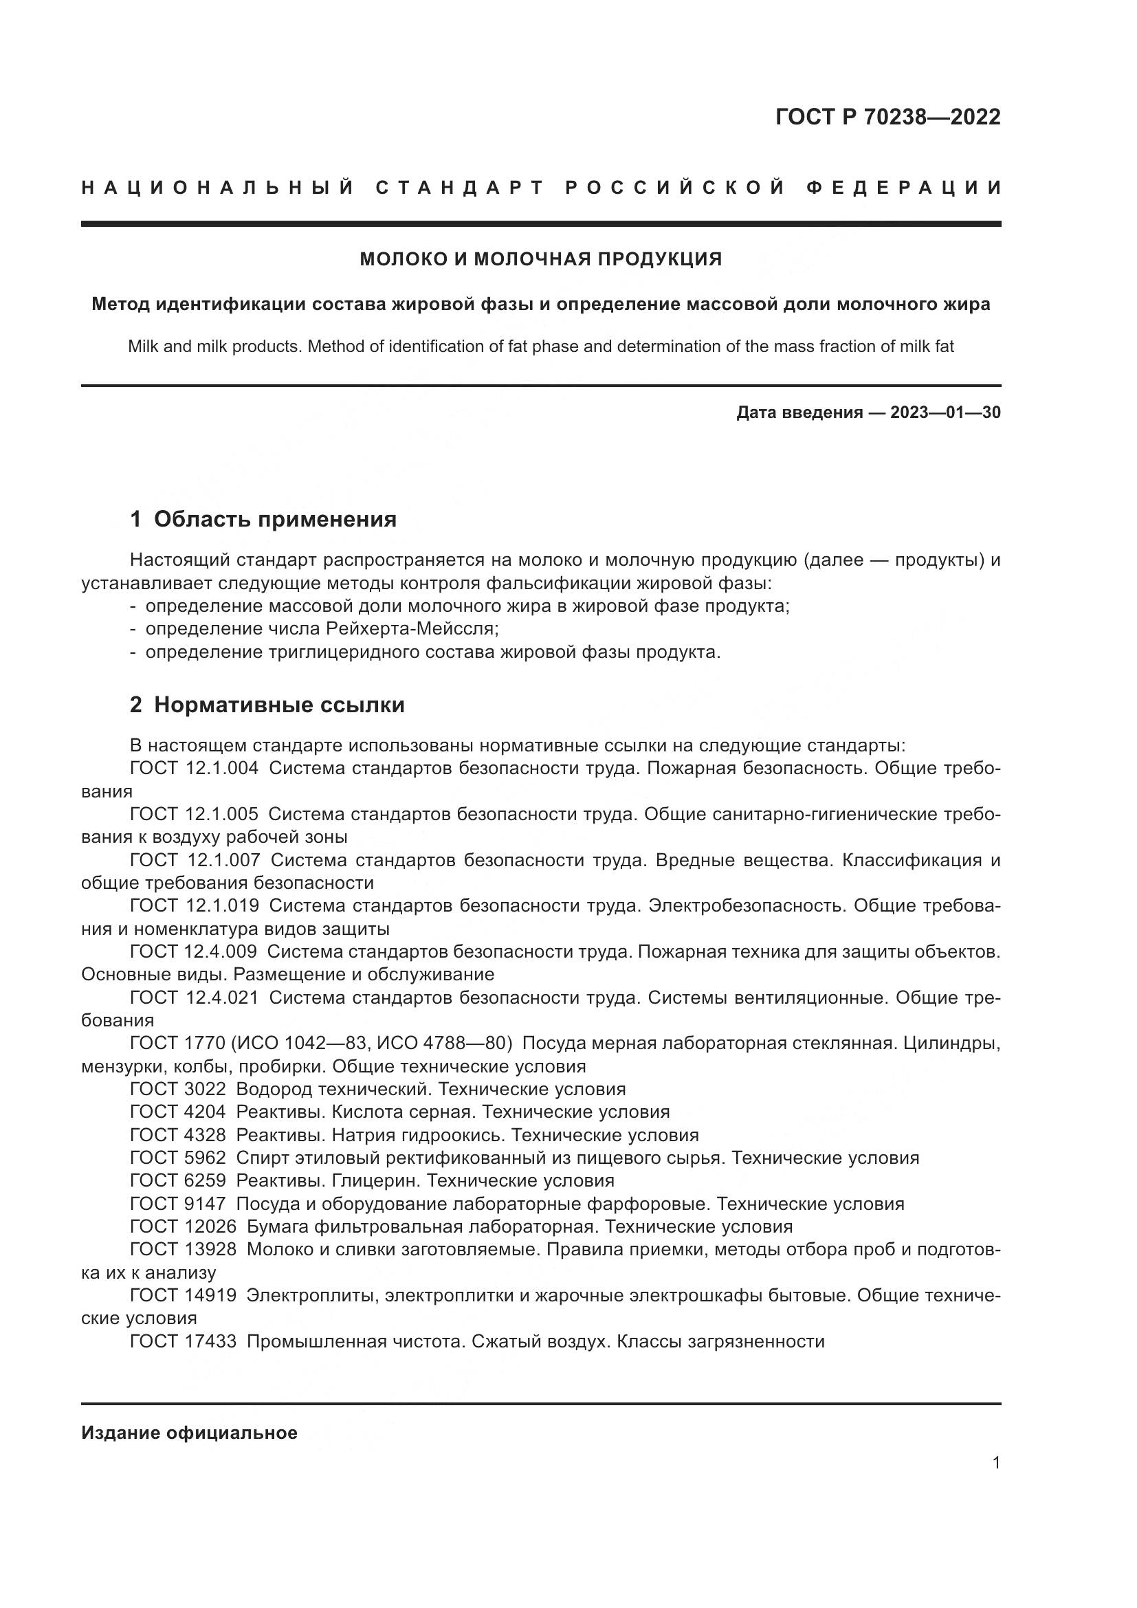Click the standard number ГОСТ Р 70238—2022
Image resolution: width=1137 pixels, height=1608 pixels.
[x=887, y=117]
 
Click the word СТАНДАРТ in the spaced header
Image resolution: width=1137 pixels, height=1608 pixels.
[x=459, y=188]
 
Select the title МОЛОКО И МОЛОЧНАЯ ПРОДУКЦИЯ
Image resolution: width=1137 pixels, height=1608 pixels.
[x=540, y=259]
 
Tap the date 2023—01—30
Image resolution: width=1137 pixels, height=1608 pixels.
[x=945, y=412]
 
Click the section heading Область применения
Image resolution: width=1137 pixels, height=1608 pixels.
[x=274, y=519]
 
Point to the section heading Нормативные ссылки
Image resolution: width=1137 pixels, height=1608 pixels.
[x=278, y=705]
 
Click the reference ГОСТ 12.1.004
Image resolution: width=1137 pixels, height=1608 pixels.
[x=194, y=769]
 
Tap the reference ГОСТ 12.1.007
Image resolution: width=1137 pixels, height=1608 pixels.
[x=195, y=860]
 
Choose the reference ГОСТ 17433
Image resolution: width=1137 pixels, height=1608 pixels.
[x=183, y=1342]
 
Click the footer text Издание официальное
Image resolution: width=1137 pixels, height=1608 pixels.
[x=189, y=1433]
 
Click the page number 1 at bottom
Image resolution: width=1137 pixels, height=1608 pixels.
[x=995, y=1463]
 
